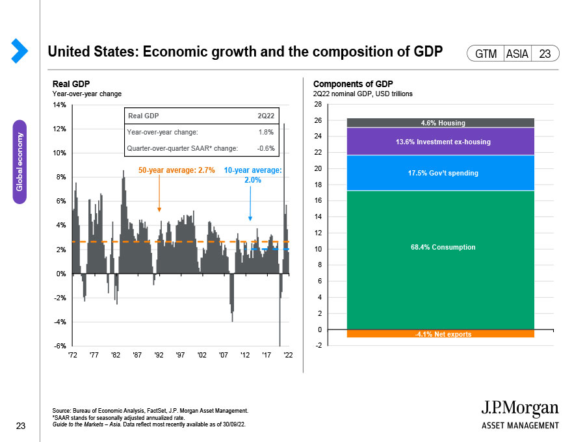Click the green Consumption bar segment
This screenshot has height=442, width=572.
coord(440,260)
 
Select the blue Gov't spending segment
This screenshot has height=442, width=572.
coord(440,173)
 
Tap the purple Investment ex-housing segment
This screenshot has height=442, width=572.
coord(440,142)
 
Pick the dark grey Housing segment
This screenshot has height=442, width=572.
coord(440,123)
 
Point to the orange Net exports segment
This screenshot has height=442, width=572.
coord(440,333)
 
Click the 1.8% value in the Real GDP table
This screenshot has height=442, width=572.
coord(266,132)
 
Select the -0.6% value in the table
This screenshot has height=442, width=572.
coord(266,148)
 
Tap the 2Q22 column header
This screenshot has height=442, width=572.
coord(266,116)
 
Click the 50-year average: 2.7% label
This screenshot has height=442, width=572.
coord(177,170)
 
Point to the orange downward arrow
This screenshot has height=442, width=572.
coord(159,193)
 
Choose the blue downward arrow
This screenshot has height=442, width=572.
coord(250,203)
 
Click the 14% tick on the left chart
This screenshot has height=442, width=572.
coord(59,105)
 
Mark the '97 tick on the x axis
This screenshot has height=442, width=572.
coord(180,355)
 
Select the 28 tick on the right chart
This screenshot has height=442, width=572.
coord(318,104)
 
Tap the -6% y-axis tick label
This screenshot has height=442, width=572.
coord(60,346)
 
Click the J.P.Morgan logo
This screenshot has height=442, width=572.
coord(520,414)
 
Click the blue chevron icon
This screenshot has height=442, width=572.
coord(19,51)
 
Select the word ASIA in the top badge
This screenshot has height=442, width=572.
coord(517,54)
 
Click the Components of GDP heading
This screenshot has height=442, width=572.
coord(353,84)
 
